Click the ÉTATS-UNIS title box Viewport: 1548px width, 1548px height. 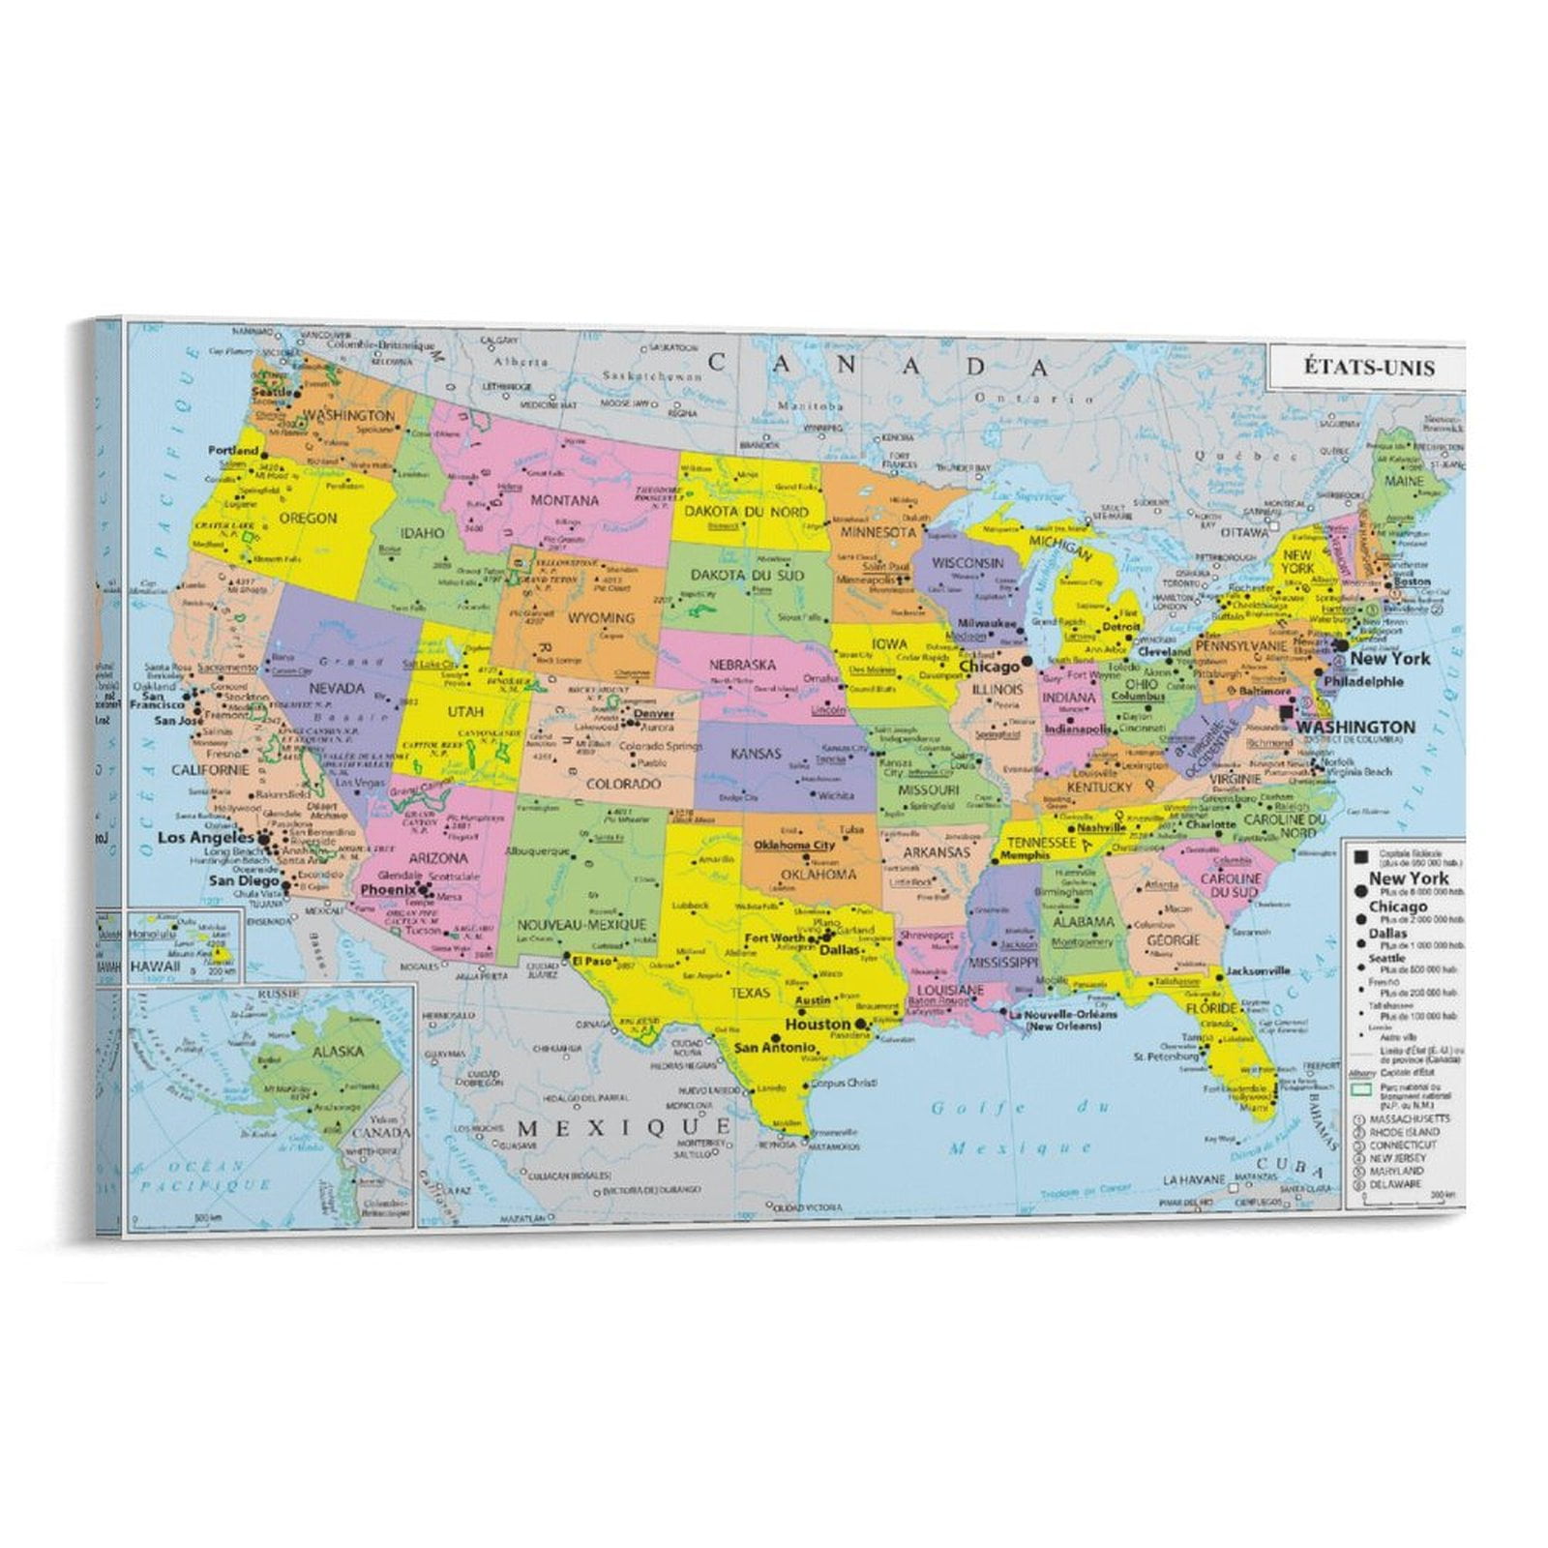(x=1367, y=368)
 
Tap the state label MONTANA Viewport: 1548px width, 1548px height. (x=564, y=501)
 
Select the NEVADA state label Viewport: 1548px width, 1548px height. (x=336, y=689)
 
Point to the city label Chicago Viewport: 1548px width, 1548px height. (x=989, y=667)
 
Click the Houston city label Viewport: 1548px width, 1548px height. (x=818, y=1024)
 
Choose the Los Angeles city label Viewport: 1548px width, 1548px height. (x=205, y=837)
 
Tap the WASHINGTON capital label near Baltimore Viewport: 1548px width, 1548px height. (x=1355, y=727)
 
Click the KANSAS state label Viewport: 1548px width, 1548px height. (x=756, y=753)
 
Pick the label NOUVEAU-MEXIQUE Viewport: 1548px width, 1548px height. (x=580, y=925)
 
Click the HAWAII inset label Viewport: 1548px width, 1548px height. (x=155, y=967)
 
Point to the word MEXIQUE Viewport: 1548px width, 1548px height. (x=624, y=1127)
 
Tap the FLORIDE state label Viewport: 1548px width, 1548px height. (x=1210, y=1008)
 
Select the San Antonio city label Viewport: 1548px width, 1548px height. (x=774, y=1047)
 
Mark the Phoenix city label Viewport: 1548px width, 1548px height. (x=387, y=889)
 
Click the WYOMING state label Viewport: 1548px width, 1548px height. (x=601, y=617)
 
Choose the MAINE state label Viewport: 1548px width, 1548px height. (x=1404, y=480)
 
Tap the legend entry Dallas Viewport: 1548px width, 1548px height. (x=1387, y=934)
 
